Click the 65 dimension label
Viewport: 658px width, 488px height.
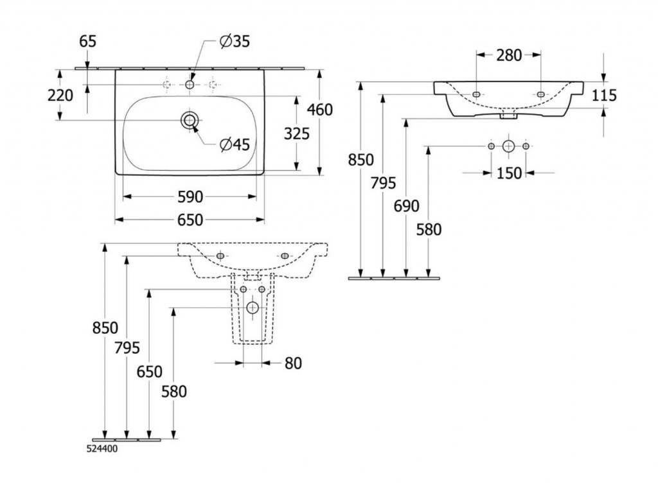[x=88, y=42]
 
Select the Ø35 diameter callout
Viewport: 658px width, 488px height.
[x=235, y=42]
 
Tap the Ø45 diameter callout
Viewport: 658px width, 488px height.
[x=234, y=145]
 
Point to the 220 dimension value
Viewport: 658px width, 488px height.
[x=60, y=96]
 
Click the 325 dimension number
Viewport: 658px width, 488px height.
[x=296, y=134]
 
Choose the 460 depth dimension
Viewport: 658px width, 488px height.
[x=320, y=110]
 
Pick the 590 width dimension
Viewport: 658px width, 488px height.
[x=190, y=196]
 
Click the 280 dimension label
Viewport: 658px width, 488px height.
[x=509, y=55]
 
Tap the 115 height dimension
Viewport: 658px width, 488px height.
[x=604, y=96]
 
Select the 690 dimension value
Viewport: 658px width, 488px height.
[x=406, y=206]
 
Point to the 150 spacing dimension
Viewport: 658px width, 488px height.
[x=509, y=173]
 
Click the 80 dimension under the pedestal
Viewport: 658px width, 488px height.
[x=292, y=363]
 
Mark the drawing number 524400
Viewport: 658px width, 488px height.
[x=103, y=449]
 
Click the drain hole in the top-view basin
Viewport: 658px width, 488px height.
[x=190, y=120]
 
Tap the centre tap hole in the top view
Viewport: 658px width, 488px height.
[x=190, y=85]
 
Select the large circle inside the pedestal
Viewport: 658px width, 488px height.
[x=253, y=308]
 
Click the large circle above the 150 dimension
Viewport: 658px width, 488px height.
[x=508, y=146]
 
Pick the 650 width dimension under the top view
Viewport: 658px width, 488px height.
[x=190, y=220]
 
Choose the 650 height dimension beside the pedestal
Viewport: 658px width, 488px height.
[x=149, y=371]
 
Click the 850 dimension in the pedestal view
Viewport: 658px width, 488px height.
[x=105, y=327]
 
